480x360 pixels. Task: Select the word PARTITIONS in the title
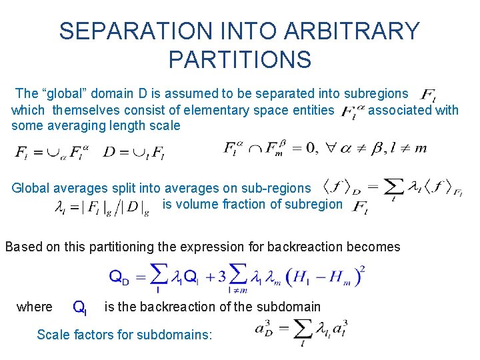click(240, 60)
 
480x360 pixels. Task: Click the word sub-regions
click(279, 189)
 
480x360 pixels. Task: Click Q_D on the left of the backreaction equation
click(119, 278)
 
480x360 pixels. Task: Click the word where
click(35, 307)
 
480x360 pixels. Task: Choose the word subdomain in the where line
click(293, 307)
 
